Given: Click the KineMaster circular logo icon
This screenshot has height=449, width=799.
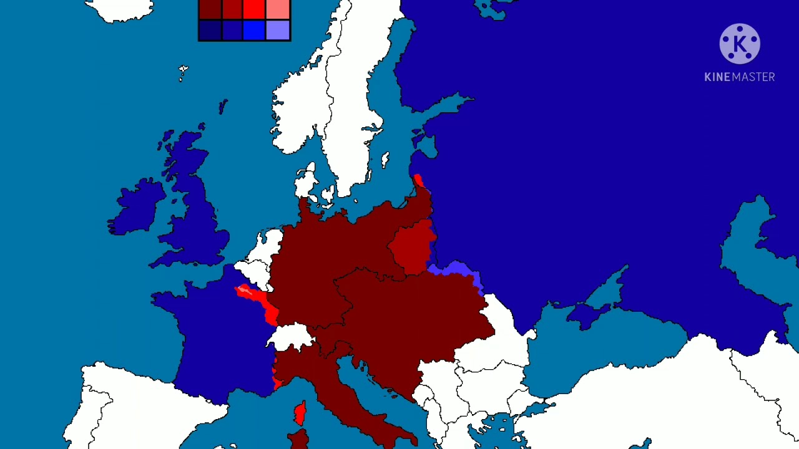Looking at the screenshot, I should (x=740, y=44).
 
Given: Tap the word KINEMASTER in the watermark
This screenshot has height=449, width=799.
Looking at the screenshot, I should (x=740, y=77).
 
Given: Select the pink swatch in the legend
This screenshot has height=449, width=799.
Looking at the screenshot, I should (x=278, y=9).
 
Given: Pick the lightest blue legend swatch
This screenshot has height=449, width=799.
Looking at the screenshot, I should (x=278, y=30).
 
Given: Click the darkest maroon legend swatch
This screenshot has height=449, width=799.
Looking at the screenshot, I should (x=210, y=9).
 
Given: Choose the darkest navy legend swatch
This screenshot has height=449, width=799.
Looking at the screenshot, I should (x=210, y=30).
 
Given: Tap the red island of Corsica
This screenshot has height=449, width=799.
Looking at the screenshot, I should (x=300, y=412).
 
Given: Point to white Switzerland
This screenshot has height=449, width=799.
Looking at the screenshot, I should (x=290, y=337).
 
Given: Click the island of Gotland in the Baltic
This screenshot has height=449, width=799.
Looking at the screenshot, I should (x=385, y=160).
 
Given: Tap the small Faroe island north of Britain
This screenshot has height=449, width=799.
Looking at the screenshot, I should (x=183, y=72).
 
